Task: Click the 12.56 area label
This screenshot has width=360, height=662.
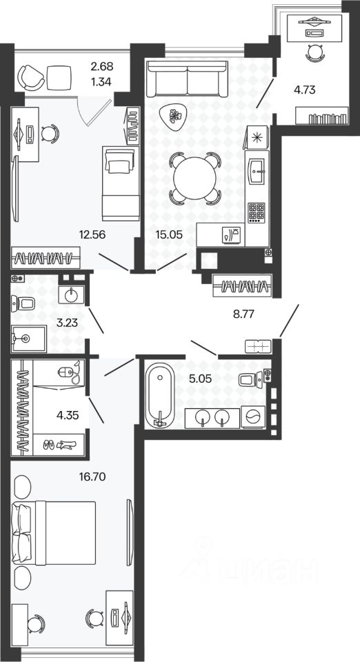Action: click(92, 234)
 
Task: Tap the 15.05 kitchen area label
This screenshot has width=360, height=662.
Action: click(169, 234)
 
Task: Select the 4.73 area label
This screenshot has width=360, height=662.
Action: click(305, 90)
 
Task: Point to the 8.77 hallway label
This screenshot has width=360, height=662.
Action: click(246, 314)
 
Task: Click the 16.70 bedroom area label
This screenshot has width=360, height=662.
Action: click(92, 477)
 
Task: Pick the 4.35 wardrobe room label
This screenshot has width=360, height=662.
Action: click(68, 414)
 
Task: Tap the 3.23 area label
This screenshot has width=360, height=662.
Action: click(68, 323)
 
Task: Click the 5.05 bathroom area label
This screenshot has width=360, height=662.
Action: click(201, 379)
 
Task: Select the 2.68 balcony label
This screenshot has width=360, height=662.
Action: click(102, 66)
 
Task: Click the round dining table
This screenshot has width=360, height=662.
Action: click(195, 178)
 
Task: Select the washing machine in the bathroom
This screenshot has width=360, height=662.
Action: click(253, 418)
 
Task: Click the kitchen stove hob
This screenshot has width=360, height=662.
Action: click(257, 212)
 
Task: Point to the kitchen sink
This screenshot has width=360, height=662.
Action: click(257, 170)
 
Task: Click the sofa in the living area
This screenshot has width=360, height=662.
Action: click(186, 79)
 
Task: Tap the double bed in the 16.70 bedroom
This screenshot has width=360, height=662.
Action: click(54, 533)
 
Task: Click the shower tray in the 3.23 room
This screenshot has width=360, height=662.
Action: click(29, 338)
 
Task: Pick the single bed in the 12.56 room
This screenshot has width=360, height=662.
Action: click(121, 183)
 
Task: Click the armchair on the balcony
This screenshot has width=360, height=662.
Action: click(31, 77)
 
